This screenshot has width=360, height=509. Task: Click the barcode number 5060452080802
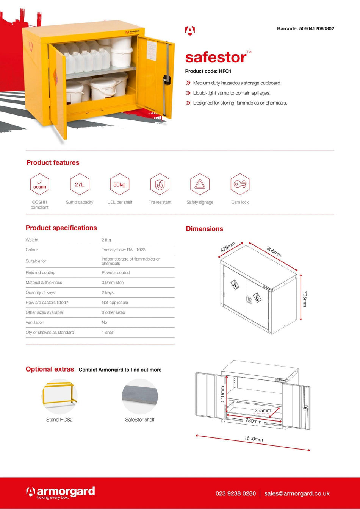[316, 28]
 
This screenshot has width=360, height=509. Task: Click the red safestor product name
[216, 57]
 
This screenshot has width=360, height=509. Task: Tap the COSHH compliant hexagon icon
[40, 184]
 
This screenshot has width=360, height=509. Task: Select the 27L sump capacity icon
[80, 184]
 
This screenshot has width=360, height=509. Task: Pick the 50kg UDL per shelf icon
[119, 184]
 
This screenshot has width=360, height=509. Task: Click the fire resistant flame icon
[160, 184]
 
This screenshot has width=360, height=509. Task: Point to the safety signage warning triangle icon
[200, 184]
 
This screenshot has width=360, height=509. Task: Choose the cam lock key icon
[240, 184]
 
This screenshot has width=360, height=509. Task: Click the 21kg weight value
[106, 240]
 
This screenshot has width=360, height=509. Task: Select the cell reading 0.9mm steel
[113, 283]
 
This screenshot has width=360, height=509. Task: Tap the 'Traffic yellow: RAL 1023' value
[123, 250]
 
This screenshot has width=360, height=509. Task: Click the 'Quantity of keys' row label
[41, 292]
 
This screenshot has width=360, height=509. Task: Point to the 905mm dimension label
[274, 251]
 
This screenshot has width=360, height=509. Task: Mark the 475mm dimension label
[228, 247]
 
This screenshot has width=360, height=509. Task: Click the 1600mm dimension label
[254, 439]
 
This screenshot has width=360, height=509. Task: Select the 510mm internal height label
[223, 393]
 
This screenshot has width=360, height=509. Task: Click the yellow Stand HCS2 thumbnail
[59, 396]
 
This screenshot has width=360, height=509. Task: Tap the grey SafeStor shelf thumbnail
[139, 396]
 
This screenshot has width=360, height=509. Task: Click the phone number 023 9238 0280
[235, 493]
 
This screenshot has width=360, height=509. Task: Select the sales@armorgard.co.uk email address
[297, 493]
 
